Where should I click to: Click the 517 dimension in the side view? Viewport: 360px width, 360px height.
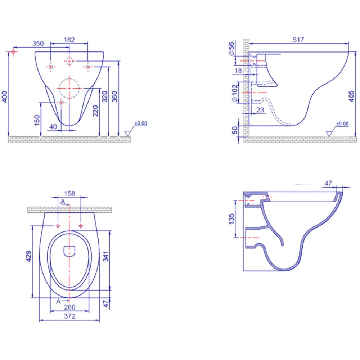(x=298, y=40)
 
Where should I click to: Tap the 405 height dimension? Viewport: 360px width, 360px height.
(x=351, y=96)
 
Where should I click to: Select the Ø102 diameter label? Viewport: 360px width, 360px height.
(x=234, y=93)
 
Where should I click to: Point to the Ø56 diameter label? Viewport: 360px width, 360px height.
(x=231, y=49)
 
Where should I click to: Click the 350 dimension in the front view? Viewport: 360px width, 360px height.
(x=38, y=44)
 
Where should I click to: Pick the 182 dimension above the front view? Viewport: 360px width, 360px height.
(x=69, y=40)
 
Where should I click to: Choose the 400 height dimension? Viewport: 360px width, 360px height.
(x=5, y=96)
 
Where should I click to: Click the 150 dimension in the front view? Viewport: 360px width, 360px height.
(x=37, y=120)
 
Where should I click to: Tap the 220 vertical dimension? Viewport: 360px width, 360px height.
(x=95, y=111)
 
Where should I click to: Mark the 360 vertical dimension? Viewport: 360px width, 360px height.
(x=114, y=96)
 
